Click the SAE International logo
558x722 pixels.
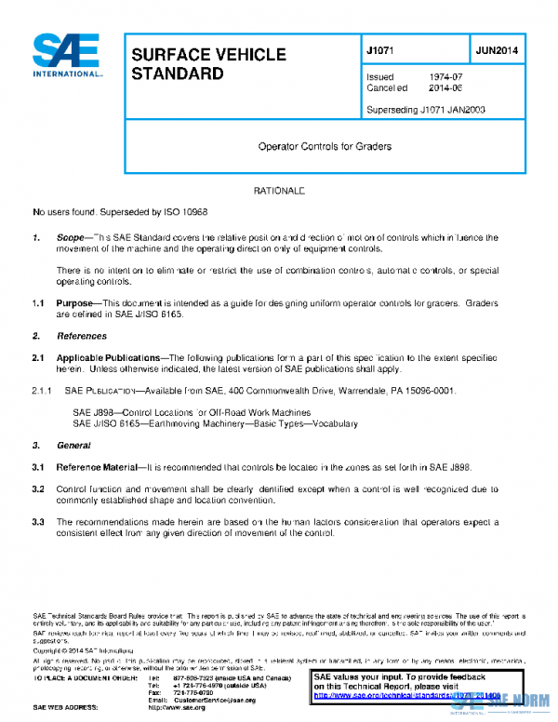(67, 57)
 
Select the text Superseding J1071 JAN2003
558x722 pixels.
(426, 110)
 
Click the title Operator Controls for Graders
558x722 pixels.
(325, 146)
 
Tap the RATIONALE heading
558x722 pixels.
(279, 191)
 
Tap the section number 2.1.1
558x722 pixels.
(45, 390)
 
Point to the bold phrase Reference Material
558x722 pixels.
(96, 466)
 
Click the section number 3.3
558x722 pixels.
(39, 522)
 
